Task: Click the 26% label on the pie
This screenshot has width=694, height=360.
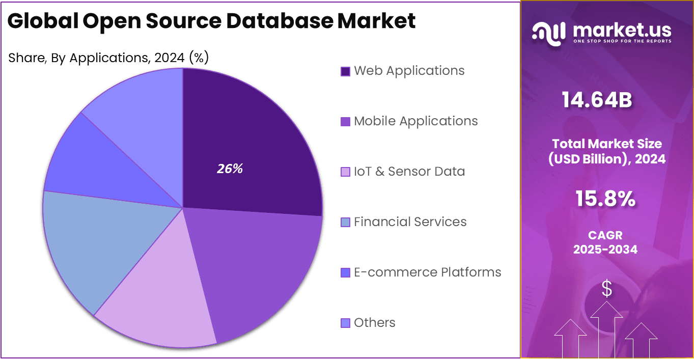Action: coord(230,169)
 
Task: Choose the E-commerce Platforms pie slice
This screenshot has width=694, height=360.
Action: coord(102,168)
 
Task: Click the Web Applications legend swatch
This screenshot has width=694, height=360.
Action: coord(345,71)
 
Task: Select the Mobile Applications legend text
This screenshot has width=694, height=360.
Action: coord(415,121)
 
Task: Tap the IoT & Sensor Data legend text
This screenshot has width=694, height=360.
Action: coord(409,172)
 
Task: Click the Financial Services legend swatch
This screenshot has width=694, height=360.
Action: coord(345,223)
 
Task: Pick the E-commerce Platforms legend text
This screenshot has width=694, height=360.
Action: coord(427,272)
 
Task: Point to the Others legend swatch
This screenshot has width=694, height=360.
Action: coord(345,323)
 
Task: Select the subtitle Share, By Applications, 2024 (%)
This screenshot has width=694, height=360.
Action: coord(108,58)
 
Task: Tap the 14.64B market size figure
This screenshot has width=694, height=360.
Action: coord(597,100)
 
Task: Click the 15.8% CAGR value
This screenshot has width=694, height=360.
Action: coord(605,199)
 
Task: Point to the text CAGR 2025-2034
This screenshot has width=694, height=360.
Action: coord(605,242)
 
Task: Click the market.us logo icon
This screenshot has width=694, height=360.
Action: coord(549,33)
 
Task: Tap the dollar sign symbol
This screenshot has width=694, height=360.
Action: coord(606,289)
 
